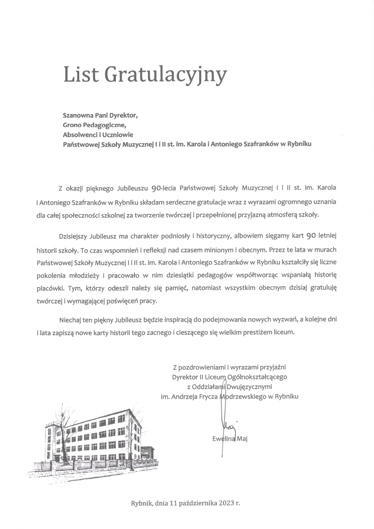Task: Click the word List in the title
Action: point(81,75)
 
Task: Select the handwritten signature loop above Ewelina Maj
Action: point(227,426)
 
